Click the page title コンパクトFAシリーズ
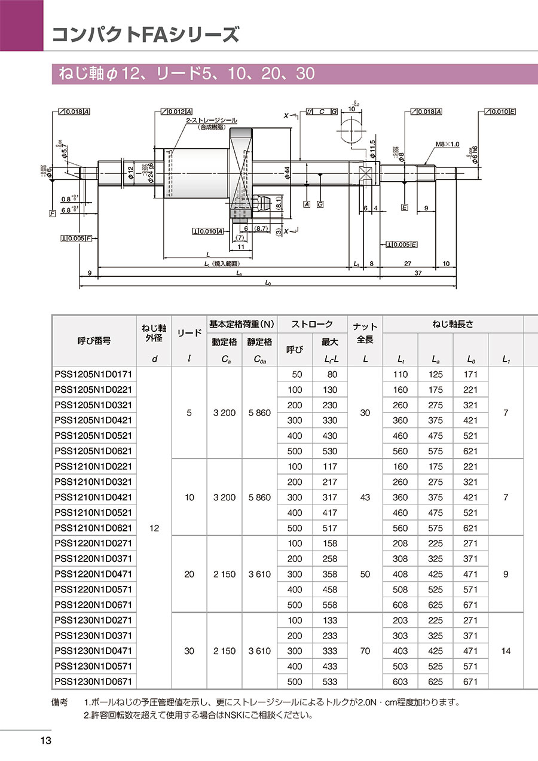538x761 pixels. click(x=145, y=34)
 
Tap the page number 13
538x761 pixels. click(x=45, y=741)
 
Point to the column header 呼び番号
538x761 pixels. click(x=94, y=341)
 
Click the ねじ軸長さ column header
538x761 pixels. click(x=453, y=325)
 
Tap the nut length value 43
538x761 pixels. click(x=365, y=497)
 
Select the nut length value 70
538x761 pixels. click(x=365, y=651)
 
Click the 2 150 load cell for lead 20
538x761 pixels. click(x=224, y=574)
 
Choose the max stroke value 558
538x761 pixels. click(x=330, y=605)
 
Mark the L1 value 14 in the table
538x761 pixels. click(x=506, y=651)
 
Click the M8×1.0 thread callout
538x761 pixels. click(x=448, y=144)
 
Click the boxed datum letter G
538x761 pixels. click(x=320, y=204)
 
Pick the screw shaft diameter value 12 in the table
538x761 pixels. click(x=154, y=528)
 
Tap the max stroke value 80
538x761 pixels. click(x=330, y=374)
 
